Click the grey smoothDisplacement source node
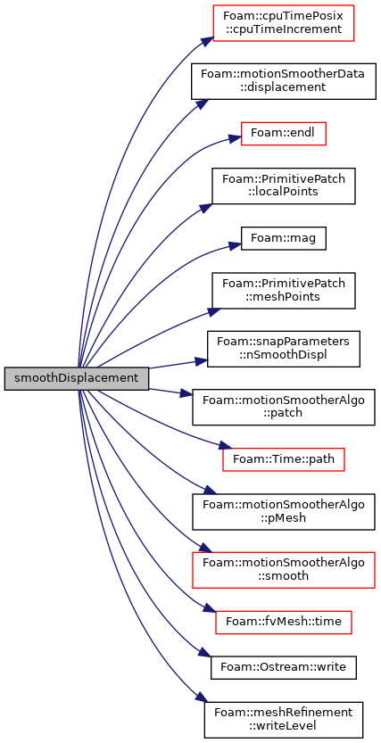[77, 378]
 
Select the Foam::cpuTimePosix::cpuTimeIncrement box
[284, 23]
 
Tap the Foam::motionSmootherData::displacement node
[284, 80]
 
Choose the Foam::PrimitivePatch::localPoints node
[284, 186]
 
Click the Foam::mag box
[284, 238]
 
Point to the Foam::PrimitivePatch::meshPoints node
[284, 291]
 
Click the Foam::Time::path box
[284, 459]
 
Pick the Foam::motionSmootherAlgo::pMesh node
[284, 512]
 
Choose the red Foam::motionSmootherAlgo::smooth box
[284, 570]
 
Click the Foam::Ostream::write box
[284, 667]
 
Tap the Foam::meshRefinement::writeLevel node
[284, 720]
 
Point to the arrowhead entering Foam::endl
[236, 138]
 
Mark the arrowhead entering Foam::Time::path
[227, 446]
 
